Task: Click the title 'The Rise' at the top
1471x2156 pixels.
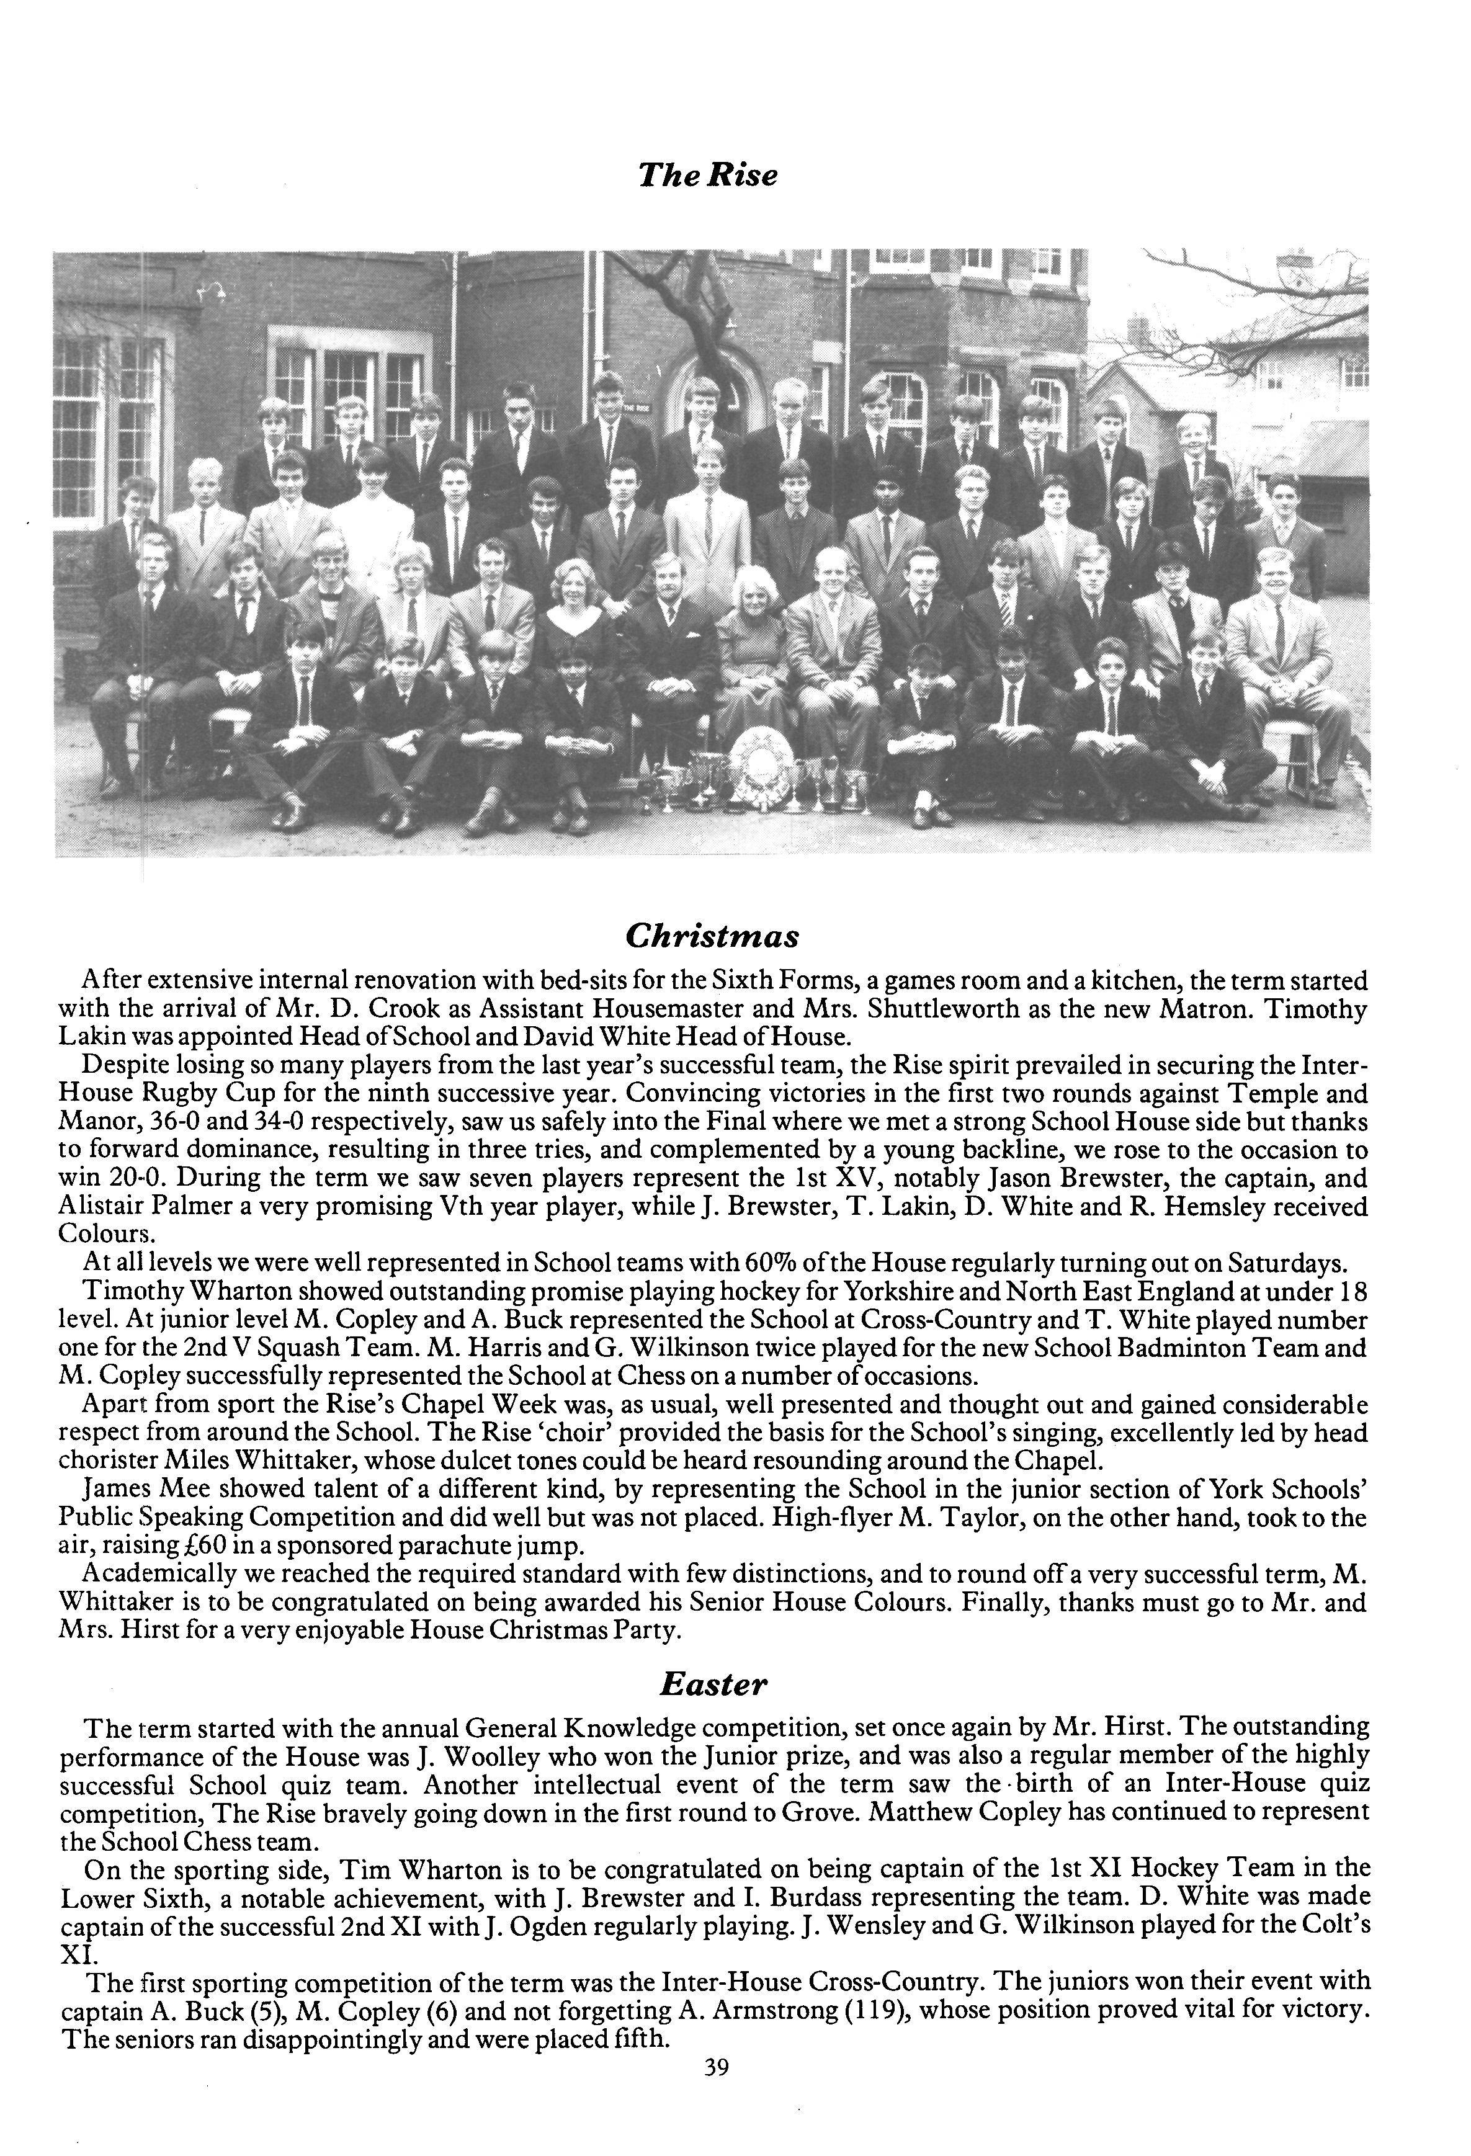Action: point(707,174)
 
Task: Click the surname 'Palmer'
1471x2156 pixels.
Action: point(145,1207)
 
